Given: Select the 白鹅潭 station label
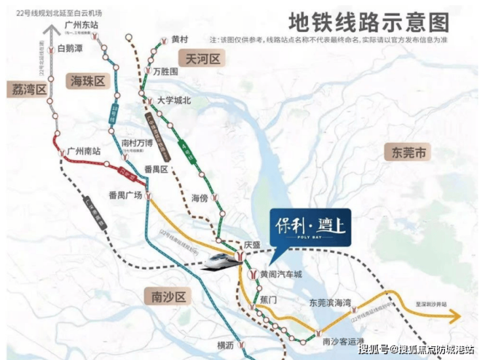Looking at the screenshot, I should point(70,49).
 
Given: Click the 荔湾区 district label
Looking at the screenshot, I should point(28,90).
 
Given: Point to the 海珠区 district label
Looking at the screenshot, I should point(87,81).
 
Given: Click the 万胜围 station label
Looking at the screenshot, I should point(166,71).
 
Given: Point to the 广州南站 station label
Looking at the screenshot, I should point(85,151).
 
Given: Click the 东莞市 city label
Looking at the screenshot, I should point(408,153).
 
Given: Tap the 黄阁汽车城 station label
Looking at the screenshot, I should point(281,274).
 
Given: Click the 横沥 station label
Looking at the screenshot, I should point(225,345).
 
